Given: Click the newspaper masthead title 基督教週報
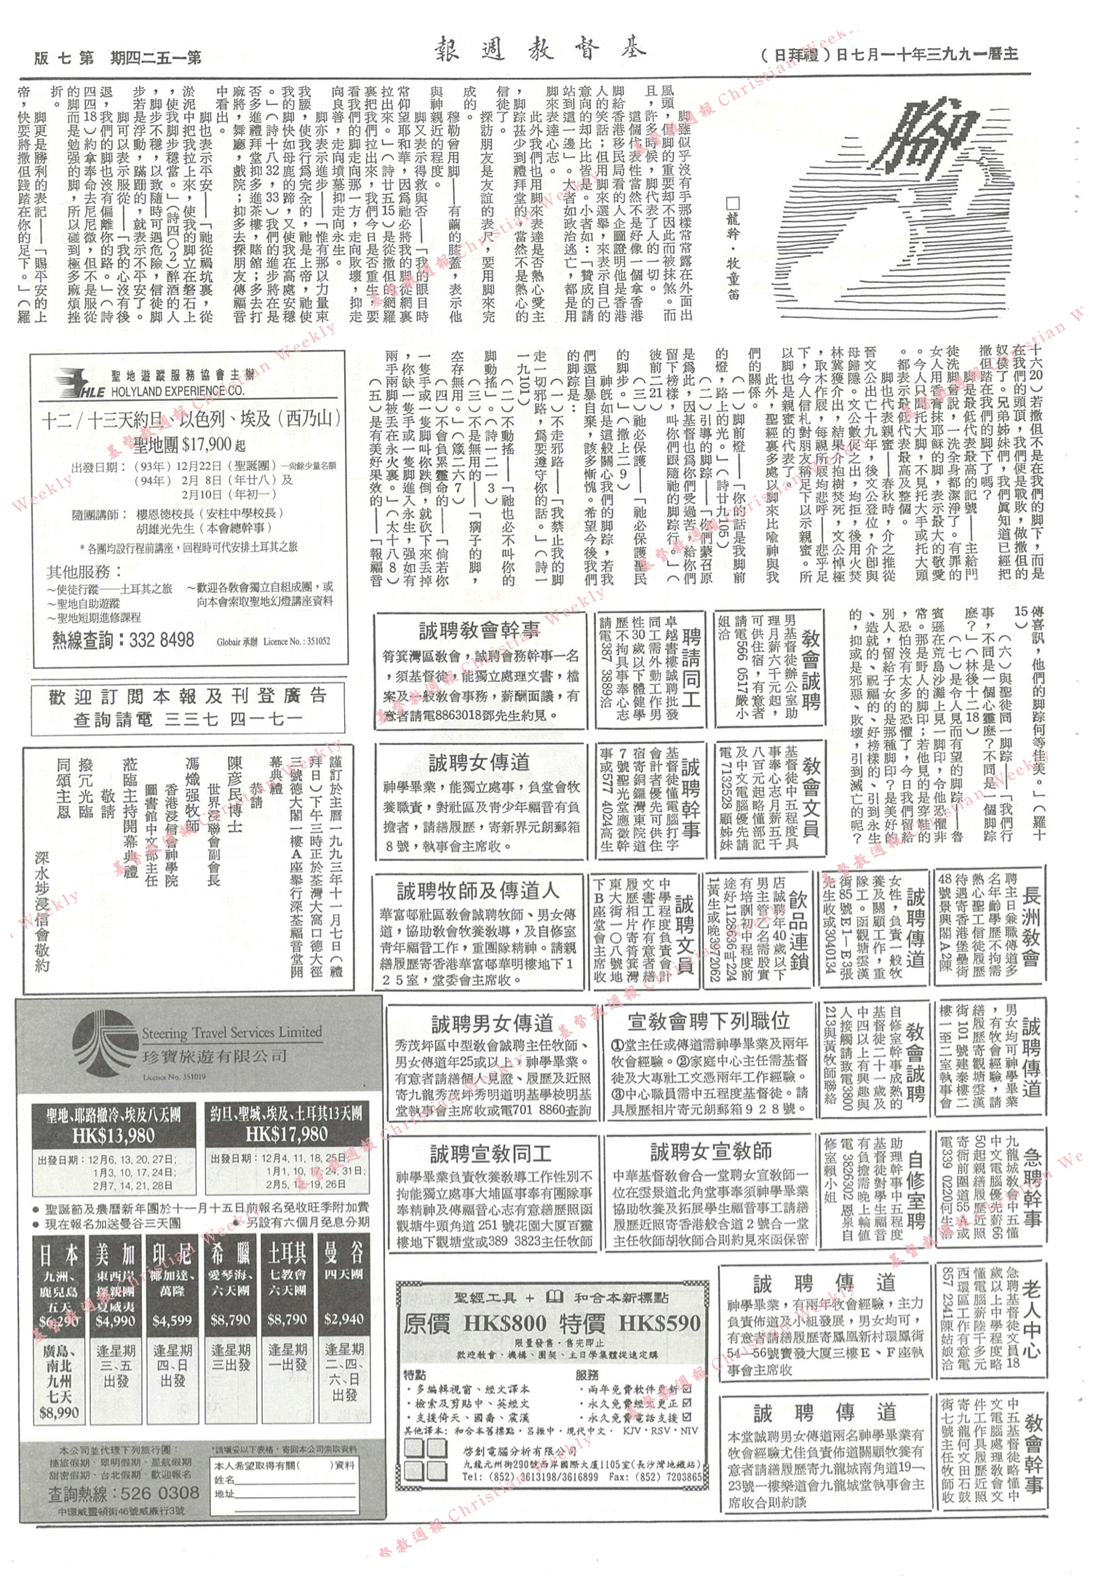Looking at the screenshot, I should click(x=540, y=49).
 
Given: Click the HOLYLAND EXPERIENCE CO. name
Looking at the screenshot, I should click(x=178, y=392).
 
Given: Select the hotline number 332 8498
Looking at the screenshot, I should click(x=162, y=640).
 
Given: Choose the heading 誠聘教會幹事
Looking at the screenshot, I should click(x=480, y=630).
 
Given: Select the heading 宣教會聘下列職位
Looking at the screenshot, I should click(x=709, y=1020).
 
